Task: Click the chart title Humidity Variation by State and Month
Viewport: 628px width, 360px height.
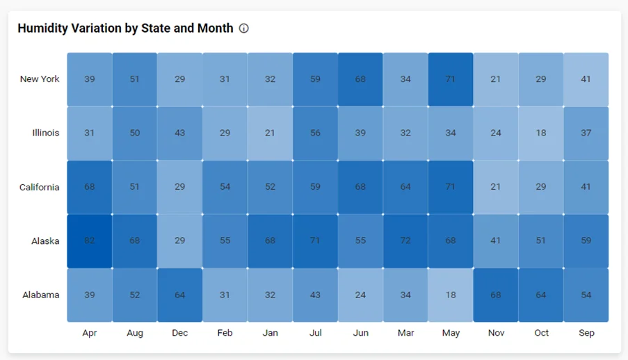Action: click(x=125, y=28)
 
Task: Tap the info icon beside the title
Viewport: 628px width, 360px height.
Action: click(x=244, y=28)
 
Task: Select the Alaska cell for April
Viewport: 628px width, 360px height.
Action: click(x=90, y=241)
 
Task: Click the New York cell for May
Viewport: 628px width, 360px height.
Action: click(x=451, y=79)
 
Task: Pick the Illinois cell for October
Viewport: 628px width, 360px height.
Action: click(x=541, y=133)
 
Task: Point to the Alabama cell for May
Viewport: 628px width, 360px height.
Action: click(x=451, y=295)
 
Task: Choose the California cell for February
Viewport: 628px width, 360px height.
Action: click(x=225, y=187)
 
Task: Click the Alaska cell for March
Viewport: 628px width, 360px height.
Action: click(x=405, y=241)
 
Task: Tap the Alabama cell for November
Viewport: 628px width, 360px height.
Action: click(x=496, y=295)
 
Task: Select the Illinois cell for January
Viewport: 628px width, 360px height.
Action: click(x=270, y=133)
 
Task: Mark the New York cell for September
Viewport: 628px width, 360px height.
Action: click(x=586, y=79)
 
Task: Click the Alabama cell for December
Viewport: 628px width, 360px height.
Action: click(x=180, y=295)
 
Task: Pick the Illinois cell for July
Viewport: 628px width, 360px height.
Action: click(x=315, y=133)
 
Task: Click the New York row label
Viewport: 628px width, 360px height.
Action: click(x=40, y=79)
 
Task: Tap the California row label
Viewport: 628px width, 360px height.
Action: click(x=40, y=187)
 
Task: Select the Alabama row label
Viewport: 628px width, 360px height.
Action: click(x=40, y=295)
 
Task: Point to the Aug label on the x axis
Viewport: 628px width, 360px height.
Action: click(x=135, y=333)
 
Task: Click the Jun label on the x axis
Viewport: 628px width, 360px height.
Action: click(x=360, y=333)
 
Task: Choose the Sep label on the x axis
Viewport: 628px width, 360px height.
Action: click(x=586, y=333)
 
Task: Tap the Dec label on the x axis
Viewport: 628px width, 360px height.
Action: click(x=180, y=333)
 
